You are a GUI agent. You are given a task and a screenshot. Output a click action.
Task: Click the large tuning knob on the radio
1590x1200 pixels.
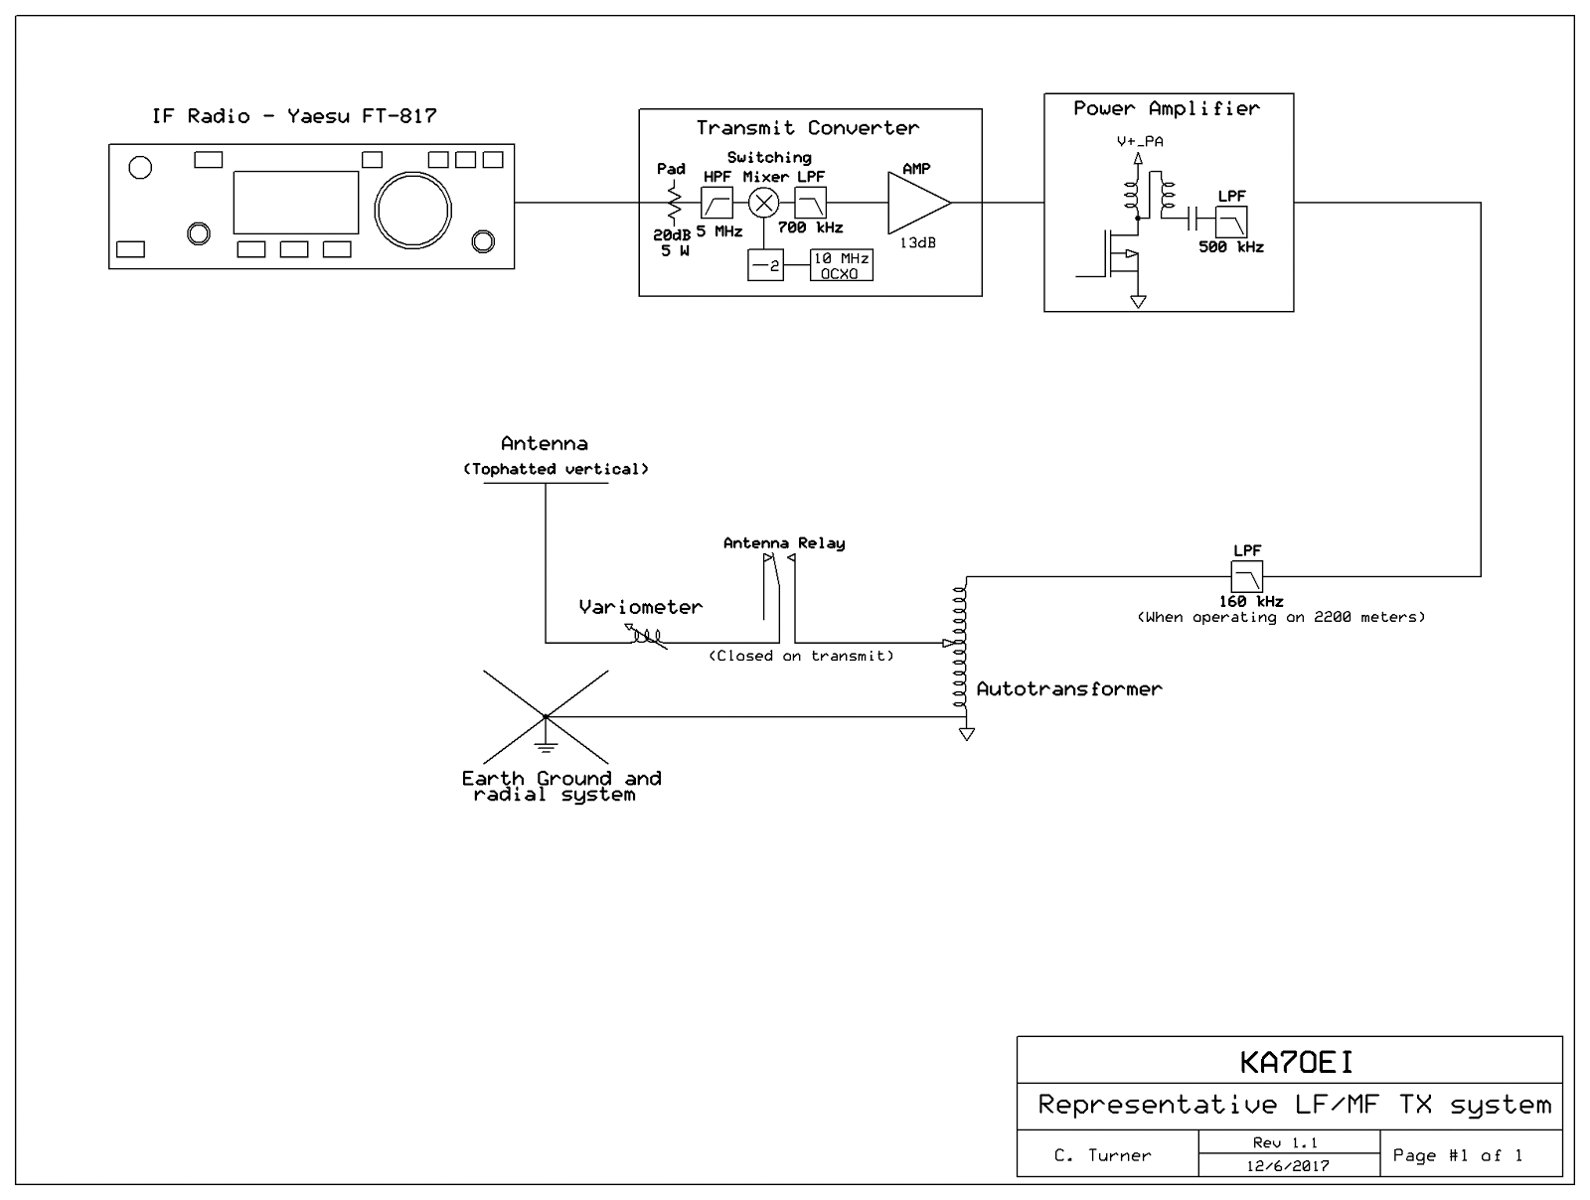pos(412,210)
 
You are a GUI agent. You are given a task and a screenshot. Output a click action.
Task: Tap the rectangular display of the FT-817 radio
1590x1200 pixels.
pos(295,202)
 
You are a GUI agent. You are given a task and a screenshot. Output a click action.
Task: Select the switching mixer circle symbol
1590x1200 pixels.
pos(764,204)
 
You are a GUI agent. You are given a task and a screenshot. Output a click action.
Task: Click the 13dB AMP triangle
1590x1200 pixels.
pos(915,203)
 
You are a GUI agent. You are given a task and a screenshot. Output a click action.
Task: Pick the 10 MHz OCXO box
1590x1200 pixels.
pos(842,265)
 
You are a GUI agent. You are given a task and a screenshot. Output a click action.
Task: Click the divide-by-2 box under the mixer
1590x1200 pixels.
pos(765,266)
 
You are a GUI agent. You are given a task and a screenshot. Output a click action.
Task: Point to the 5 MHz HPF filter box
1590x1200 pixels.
pos(716,204)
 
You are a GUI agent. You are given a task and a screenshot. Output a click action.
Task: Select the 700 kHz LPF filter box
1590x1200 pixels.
pos(810,204)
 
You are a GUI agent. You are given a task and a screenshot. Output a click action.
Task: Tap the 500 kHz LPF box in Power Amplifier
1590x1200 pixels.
pos(1231,223)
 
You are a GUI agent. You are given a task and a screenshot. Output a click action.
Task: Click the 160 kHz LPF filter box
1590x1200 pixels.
pos(1246,576)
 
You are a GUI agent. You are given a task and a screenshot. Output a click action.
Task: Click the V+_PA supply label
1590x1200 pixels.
pos(1139,141)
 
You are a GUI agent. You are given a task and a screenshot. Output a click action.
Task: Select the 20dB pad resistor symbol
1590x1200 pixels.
pos(674,206)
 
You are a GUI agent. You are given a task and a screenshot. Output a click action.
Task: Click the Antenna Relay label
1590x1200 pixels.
pos(784,543)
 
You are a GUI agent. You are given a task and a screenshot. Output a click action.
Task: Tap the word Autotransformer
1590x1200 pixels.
pos(1068,688)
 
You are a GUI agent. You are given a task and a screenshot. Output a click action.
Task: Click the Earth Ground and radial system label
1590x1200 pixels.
pos(560,786)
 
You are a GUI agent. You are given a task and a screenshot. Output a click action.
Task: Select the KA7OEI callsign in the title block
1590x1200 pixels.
pos(1296,1063)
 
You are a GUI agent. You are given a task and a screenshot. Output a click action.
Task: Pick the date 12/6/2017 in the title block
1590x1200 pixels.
pos(1288,1166)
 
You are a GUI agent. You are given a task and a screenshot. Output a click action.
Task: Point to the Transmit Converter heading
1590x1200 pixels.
pos(807,127)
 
